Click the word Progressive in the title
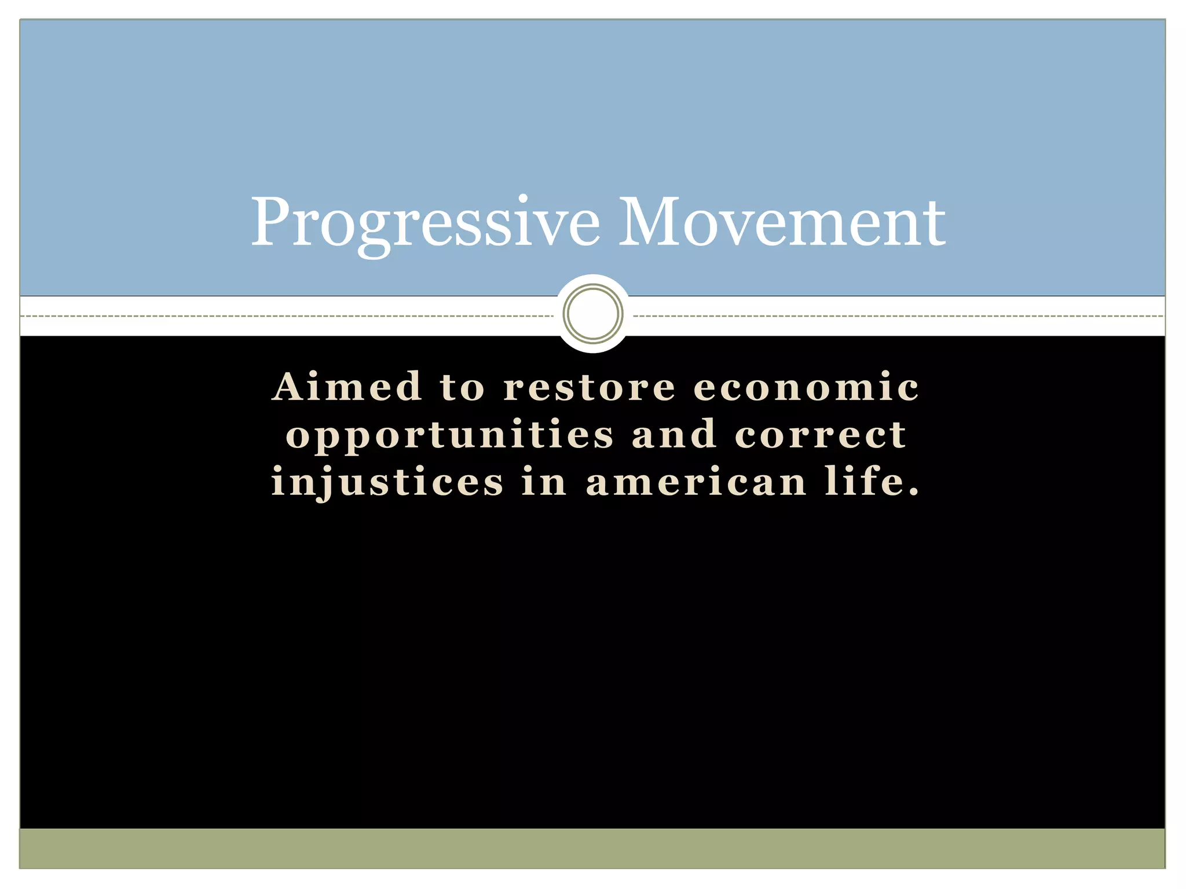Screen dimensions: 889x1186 click(x=426, y=223)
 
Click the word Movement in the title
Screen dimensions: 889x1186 click(x=782, y=223)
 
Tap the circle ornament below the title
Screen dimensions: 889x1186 click(x=593, y=314)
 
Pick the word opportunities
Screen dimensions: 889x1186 click(x=449, y=435)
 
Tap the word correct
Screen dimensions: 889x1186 click(x=821, y=435)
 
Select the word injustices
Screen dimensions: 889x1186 click(x=387, y=483)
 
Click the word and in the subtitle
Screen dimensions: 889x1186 click(x=674, y=435)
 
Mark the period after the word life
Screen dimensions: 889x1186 click(x=914, y=494)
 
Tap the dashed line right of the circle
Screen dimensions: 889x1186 click(x=898, y=316)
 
